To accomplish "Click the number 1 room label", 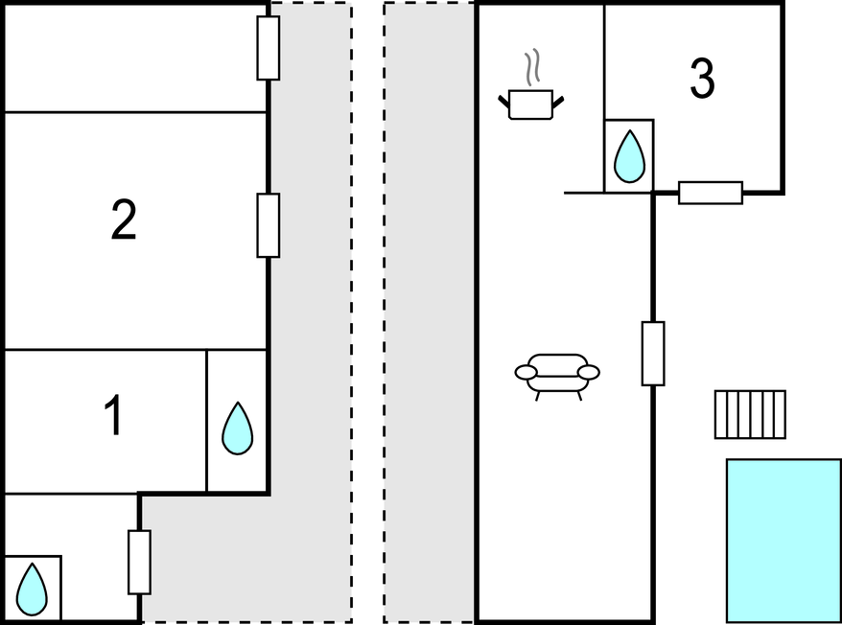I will [114, 417].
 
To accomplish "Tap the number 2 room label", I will [124, 220].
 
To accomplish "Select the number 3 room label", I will [703, 80].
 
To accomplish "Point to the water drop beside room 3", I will [629, 155].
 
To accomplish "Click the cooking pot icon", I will [531, 104].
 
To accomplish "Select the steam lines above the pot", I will [532, 68].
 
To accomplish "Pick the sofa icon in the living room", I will [557, 374].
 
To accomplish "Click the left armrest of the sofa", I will [526, 372].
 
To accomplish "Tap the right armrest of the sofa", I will [589, 372].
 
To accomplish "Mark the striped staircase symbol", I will [750, 414].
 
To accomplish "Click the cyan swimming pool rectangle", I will [784, 541].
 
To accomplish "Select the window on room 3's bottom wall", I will [711, 193].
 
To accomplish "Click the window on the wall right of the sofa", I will [653, 354].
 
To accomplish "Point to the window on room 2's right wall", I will [269, 225].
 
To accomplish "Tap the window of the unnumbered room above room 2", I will [269, 48].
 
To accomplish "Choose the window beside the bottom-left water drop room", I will [139, 562].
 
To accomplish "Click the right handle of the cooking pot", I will [557, 98].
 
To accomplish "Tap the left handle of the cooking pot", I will [504, 98].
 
